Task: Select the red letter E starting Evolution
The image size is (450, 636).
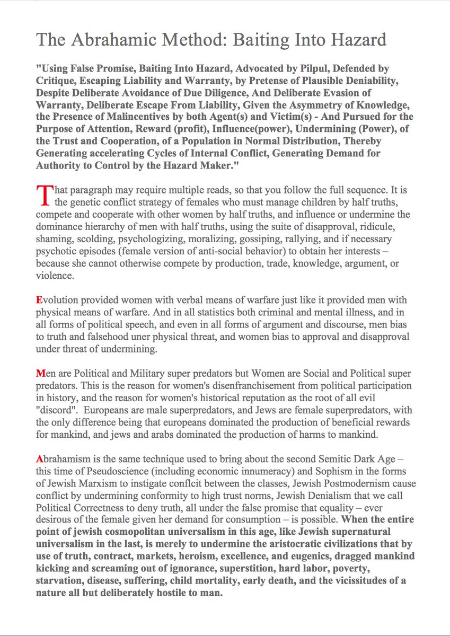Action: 39,299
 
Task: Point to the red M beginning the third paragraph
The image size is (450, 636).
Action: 40,373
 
